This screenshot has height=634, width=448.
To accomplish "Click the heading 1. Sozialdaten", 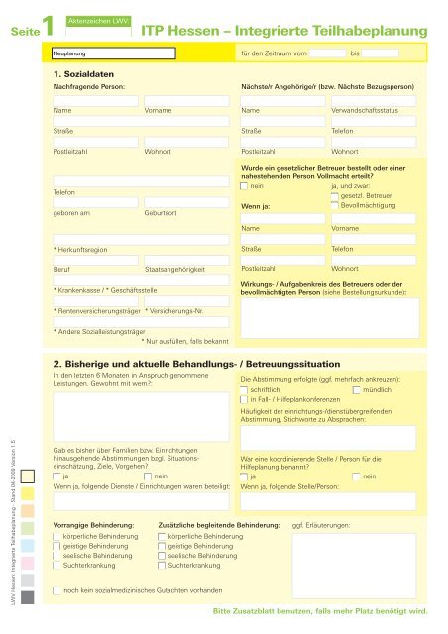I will click(x=84, y=74).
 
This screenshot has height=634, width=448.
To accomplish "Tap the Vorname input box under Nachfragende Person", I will click(x=188, y=100).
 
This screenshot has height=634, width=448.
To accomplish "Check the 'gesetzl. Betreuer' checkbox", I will click(x=335, y=196).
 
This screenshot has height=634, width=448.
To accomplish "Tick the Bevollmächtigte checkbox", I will click(x=335, y=206).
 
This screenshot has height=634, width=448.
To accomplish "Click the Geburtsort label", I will click(x=162, y=213).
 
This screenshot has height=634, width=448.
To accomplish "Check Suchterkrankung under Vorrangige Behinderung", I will click(x=56, y=564).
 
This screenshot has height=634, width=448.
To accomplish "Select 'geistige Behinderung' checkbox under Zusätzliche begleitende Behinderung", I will click(x=163, y=545).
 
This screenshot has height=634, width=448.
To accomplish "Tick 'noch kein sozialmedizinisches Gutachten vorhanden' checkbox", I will click(x=56, y=590).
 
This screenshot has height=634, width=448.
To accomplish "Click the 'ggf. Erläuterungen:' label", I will click(x=321, y=523).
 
